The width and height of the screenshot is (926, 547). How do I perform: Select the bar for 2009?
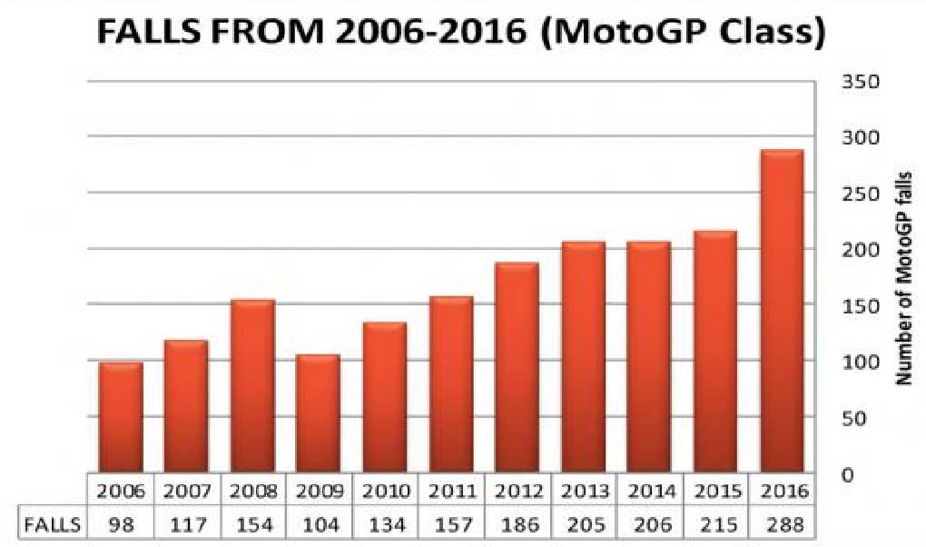317,413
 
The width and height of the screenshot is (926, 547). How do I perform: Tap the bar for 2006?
121,417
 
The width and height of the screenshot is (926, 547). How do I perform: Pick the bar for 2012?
517,367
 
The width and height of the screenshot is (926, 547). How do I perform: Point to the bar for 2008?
252,386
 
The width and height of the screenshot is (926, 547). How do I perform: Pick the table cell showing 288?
781,524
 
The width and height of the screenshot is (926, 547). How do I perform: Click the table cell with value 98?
121,524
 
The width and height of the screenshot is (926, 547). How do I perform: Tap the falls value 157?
451,524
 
